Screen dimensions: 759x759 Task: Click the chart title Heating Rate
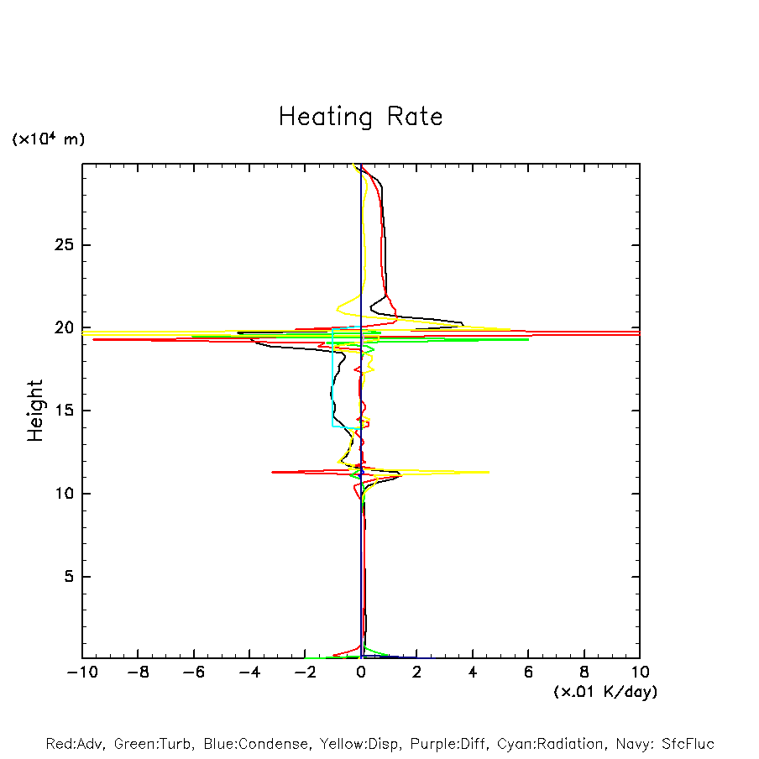point(360,117)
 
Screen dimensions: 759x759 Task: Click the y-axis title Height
point(35,411)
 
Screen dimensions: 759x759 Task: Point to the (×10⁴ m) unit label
point(48,139)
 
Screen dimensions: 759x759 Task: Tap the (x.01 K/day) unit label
point(605,692)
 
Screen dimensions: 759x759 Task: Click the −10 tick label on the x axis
point(81,673)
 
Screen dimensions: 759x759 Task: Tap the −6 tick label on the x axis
point(193,673)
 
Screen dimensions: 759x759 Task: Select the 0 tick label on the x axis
point(361,673)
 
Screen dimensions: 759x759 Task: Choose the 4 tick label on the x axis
point(473,673)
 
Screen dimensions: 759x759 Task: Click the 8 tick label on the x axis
point(584,673)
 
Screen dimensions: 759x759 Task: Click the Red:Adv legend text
point(73,744)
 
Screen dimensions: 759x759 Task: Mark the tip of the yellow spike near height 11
point(489,472)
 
